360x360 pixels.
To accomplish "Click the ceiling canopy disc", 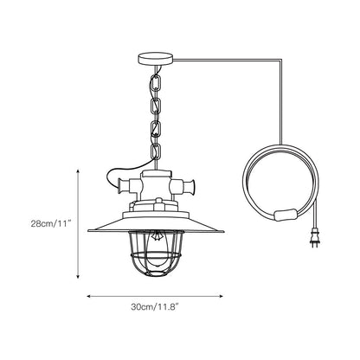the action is click(156, 59).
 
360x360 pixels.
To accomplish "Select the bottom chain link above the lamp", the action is click(156, 152).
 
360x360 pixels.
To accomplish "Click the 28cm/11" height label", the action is click(51, 224).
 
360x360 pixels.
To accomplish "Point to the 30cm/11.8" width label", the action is click(155, 307).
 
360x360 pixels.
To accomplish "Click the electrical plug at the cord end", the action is click(315, 239).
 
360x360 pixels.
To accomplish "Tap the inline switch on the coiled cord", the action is click(286, 215).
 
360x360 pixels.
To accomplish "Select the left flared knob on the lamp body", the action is click(122, 186).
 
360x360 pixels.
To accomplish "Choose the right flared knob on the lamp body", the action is click(190, 186).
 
